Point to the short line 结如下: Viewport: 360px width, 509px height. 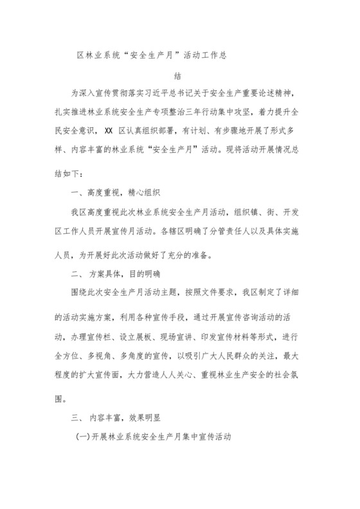pos(75,172)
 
